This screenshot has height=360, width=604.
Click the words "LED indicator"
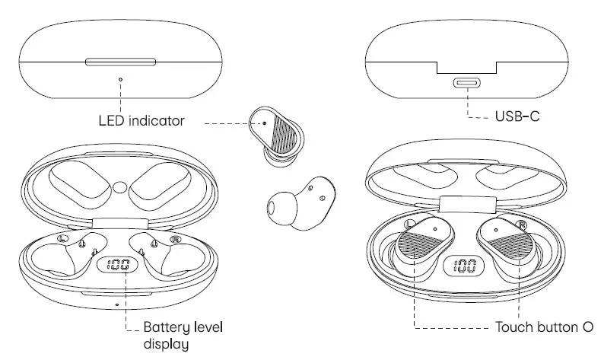(141, 120)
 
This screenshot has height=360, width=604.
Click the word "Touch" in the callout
(515, 328)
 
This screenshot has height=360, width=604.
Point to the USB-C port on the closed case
(466, 84)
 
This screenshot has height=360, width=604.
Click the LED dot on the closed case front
(120, 78)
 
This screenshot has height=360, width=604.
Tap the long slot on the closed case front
(120, 61)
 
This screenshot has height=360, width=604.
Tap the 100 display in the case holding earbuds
(465, 266)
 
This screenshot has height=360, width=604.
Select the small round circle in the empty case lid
(119, 186)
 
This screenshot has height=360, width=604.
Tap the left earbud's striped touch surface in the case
(416, 250)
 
